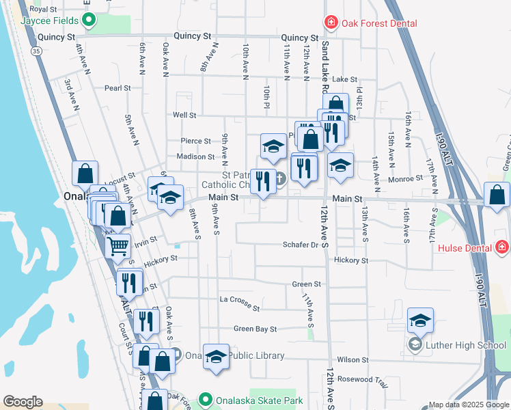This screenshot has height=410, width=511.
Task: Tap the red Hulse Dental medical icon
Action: click(502, 246)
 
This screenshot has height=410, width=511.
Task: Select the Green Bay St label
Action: click(255, 329)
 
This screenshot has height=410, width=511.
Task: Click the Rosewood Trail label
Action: click(369, 379)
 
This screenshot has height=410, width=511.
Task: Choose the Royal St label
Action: click(43, 10)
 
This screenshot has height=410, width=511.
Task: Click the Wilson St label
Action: click(353, 359)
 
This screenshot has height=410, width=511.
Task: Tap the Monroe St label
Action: click(409, 178)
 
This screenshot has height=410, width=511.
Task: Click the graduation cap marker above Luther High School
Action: click(421, 320)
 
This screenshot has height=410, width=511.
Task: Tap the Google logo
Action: click(23, 402)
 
